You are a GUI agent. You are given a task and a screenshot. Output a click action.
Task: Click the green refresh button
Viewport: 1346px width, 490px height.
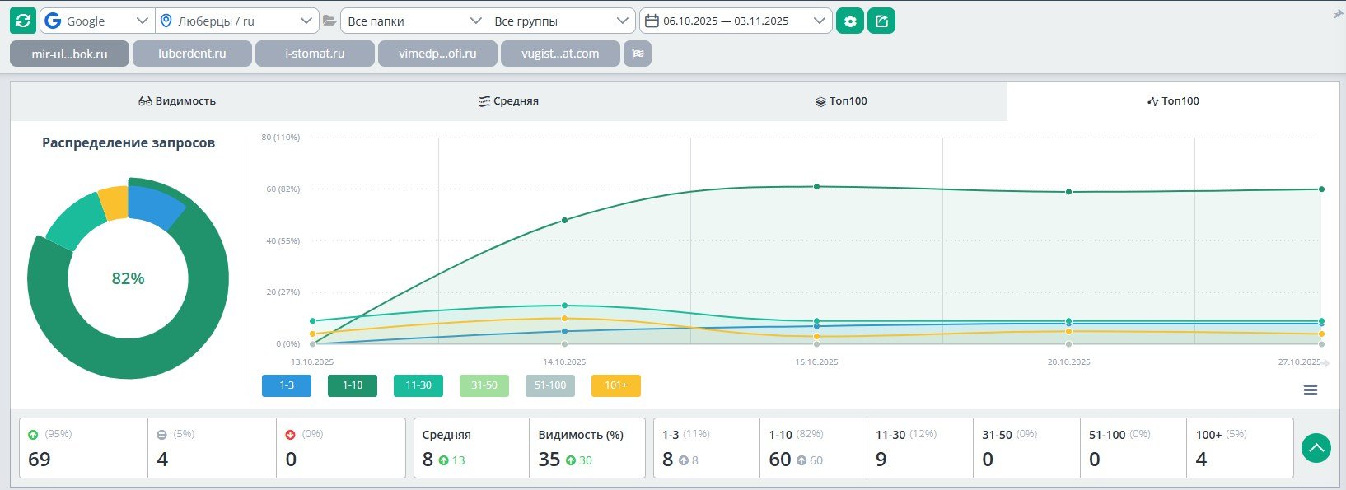click(x=23, y=21)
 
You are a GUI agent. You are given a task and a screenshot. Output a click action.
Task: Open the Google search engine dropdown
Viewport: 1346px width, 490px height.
click(x=97, y=21)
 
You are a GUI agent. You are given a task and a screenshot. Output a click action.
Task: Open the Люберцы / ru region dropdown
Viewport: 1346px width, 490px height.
click(x=236, y=21)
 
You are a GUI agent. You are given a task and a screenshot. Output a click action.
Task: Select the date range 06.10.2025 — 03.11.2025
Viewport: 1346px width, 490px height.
click(x=736, y=21)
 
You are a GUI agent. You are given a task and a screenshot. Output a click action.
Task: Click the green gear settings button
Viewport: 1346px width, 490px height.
click(x=850, y=21)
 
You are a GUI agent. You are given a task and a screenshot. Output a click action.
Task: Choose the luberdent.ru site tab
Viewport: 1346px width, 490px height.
click(x=192, y=54)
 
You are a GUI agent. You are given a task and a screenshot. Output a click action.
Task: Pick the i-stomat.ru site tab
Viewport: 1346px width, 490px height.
click(x=315, y=54)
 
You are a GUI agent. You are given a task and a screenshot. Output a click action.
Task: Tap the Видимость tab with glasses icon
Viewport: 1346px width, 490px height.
click(x=177, y=101)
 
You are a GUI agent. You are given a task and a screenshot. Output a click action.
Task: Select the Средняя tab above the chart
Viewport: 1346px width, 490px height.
click(x=508, y=101)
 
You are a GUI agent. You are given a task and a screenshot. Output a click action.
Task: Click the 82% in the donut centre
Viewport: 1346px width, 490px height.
click(x=128, y=278)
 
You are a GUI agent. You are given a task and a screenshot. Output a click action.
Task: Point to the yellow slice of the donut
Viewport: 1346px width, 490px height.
click(x=113, y=203)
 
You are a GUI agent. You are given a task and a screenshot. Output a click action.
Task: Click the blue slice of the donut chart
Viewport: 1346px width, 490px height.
click(x=155, y=206)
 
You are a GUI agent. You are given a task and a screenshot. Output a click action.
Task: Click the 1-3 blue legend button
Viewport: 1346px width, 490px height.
click(x=287, y=385)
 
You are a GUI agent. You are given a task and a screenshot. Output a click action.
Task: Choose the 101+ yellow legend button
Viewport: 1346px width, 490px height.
click(x=616, y=385)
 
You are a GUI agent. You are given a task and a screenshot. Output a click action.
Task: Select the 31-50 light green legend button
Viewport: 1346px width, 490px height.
click(x=484, y=385)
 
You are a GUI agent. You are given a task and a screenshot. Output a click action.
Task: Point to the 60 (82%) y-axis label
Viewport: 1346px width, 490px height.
click(x=283, y=189)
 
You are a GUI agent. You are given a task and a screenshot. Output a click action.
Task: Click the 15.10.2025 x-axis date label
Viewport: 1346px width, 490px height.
click(x=816, y=362)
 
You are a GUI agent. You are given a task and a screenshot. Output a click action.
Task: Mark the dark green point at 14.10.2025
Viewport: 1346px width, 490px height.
click(x=564, y=220)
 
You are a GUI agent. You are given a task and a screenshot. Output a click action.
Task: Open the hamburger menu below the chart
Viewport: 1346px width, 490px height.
click(x=1311, y=390)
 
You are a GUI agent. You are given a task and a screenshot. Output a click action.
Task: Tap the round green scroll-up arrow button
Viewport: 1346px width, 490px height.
click(x=1316, y=448)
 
